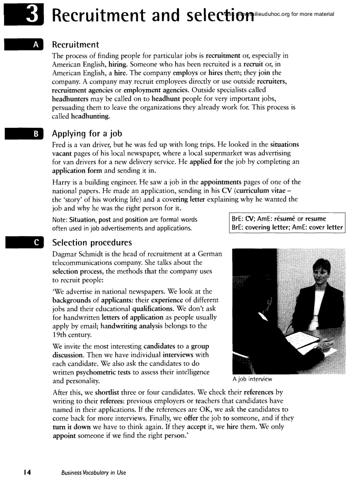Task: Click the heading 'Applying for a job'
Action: click(x=87, y=134)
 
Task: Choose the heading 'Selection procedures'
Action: click(x=92, y=243)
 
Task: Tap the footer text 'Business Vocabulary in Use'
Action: click(x=94, y=473)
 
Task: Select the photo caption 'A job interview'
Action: click(x=252, y=379)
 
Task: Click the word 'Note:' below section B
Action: click(x=60, y=220)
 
